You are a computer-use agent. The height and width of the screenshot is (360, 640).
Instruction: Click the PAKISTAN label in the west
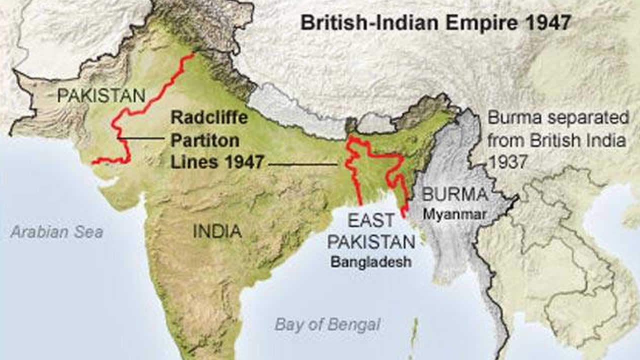[x=101, y=94]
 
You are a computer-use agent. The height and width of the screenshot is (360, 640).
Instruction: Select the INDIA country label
[x=217, y=231]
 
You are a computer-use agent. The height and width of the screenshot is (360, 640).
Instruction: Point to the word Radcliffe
[x=209, y=119]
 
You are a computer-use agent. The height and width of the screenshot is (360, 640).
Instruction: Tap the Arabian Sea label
[x=57, y=231]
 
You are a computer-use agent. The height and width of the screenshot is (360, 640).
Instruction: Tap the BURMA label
[x=454, y=194]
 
